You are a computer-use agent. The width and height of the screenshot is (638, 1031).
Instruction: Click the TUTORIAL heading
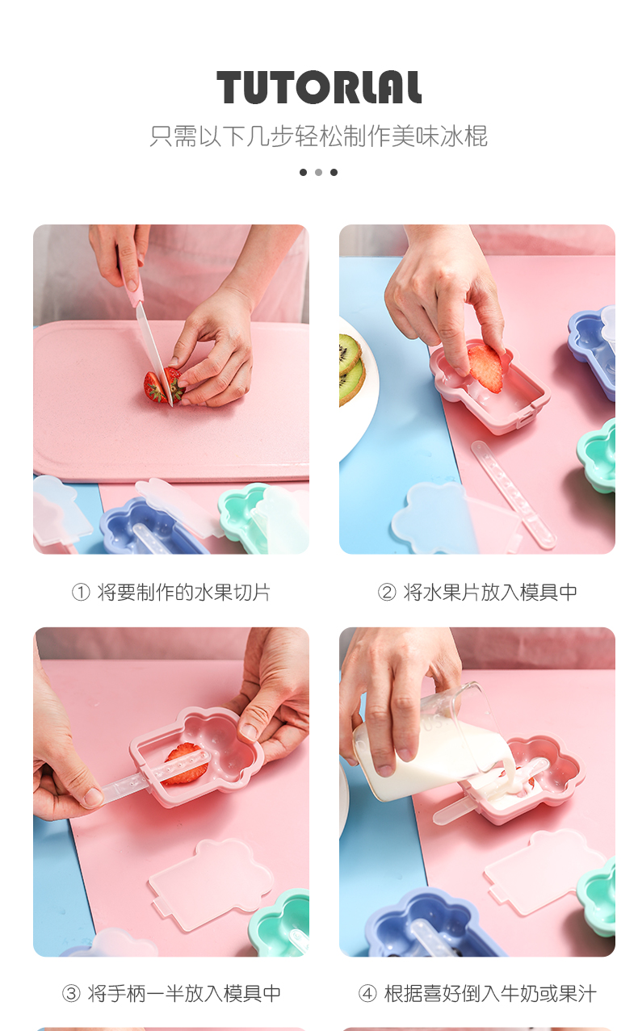318,87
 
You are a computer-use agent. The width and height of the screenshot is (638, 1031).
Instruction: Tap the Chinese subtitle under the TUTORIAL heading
318,136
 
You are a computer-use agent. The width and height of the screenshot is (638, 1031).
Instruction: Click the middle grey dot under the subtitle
318,172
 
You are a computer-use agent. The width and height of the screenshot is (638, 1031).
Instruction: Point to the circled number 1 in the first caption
81,593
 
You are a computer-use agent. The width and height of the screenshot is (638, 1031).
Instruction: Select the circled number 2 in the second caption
387,593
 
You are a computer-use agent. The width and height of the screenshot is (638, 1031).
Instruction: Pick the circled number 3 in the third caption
71,993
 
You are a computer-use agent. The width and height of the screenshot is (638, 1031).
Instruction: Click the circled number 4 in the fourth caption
367,993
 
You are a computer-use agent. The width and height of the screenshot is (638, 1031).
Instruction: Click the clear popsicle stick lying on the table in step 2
513,493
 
